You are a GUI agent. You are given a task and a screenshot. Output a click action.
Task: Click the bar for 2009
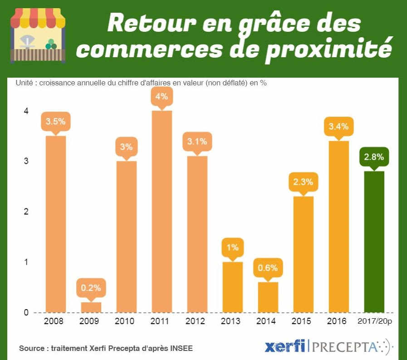click(91, 307)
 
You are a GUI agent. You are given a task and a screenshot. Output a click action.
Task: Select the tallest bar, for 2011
click(162, 211)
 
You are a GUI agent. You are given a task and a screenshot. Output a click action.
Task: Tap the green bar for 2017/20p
click(374, 242)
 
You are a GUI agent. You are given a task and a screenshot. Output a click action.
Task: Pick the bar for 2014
click(268, 297)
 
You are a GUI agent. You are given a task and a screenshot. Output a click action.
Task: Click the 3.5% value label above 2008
click(56, 122)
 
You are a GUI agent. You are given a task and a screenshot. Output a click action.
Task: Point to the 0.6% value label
click(268, 268)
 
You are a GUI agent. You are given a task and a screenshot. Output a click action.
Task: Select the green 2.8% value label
click(374, 158)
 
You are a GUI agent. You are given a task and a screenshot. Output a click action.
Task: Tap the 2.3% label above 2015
click(303, 182)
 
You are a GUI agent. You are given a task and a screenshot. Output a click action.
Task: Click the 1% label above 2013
click(233, 248)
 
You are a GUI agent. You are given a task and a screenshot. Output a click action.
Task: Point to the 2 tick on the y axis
click(26, 212)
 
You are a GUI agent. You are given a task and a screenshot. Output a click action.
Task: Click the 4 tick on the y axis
click(26, 111)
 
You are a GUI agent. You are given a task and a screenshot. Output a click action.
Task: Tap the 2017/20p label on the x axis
click(374, 321)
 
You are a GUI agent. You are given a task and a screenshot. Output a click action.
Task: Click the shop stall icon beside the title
click(38, 35)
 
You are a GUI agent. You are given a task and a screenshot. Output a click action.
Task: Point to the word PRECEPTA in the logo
click(345, 347)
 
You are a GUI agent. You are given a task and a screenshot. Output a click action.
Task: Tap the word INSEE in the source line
click(181, 348)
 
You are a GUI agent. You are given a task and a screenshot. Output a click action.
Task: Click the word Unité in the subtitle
click(25, 83)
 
